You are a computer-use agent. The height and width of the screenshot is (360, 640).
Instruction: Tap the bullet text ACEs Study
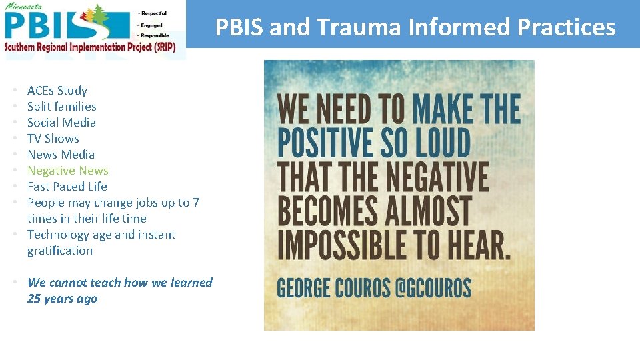tap(57, 91)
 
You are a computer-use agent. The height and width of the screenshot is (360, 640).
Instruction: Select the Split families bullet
tap(62, 107)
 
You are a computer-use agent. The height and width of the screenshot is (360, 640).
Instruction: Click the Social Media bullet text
tap(61, 123)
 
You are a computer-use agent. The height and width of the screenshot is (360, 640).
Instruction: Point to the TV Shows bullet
tap(53, 139)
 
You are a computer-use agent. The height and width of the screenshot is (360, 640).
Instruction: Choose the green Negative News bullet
tap(68, 171)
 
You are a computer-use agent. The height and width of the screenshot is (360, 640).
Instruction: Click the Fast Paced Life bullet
tap(67, 187)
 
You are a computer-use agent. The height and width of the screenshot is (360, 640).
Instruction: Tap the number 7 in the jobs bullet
tap(196, 203)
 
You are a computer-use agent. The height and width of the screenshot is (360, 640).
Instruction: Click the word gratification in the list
tap(60, 251)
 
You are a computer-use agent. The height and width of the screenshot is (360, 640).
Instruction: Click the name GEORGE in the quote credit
tap(304, 288)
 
